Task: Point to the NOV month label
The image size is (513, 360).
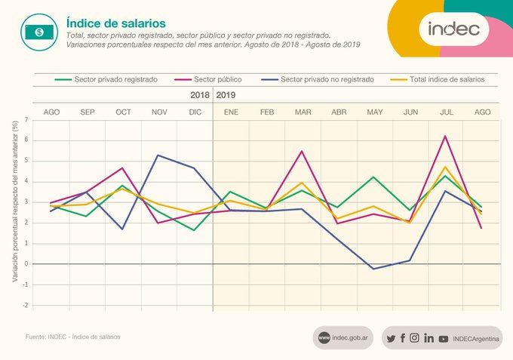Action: (159, 112)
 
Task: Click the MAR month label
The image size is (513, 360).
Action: (303, 112)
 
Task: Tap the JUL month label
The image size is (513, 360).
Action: (447, 112)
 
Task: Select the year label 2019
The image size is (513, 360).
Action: (226, 96)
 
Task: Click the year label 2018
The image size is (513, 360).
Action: (200, 96)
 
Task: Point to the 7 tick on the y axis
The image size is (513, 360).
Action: (26, 119)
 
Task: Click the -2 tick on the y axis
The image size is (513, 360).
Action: (25, 306)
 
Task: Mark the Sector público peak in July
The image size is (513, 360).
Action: (447, 136)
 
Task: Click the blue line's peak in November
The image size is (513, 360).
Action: (159, 155)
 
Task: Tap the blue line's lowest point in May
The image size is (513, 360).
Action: (374, 269)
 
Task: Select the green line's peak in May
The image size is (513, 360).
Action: (374, 177)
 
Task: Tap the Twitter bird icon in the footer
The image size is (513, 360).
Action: (390, 338)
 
